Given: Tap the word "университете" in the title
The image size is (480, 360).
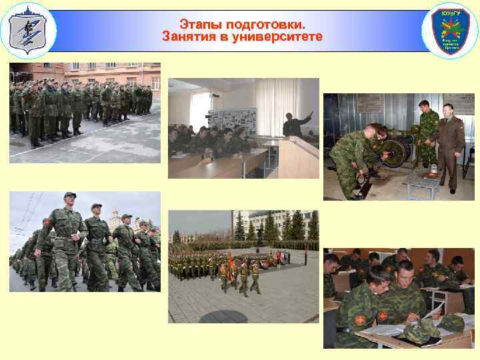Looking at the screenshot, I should click(274, 37).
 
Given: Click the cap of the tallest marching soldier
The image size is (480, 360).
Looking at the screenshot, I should click(70, 195).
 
